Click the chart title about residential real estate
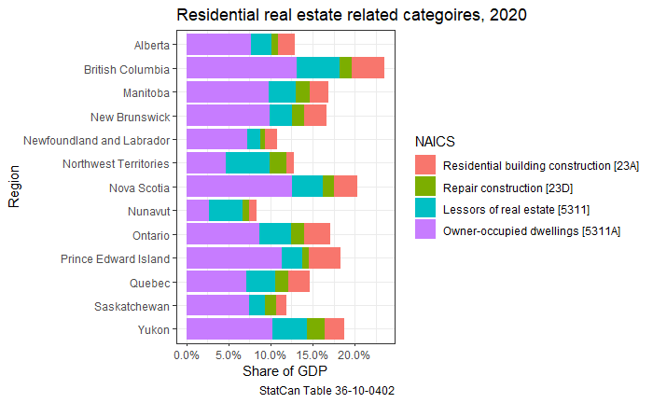coord(352,15)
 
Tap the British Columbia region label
coord(127,69)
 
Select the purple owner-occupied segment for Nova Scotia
coord(239,187)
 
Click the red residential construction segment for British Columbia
coord(368,67)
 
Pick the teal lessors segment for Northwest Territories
coord(247,162)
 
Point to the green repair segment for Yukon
coord(315,328)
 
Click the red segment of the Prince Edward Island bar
coord(325,257)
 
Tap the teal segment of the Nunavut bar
coord(225,210)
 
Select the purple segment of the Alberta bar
coord(218,44)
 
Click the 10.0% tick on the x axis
coord(271,355)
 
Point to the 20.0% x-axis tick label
coord(354,355)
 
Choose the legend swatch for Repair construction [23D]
coord(425,187)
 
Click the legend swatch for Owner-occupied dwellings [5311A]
coord(425,229)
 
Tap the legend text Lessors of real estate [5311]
coord(516,208)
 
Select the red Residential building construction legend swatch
coord(425,165)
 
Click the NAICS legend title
coord(435,141)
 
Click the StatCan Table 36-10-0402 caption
coord(326,391)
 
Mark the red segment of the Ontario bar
coord(317,234)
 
